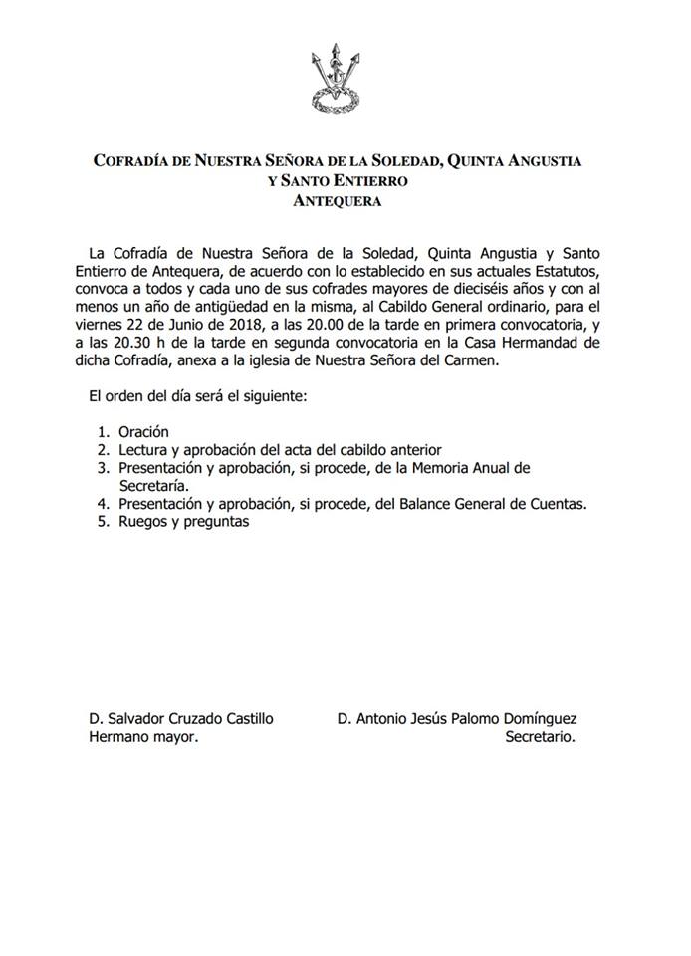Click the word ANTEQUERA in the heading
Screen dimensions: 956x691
click(337, 200)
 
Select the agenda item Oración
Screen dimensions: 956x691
click(144, 432)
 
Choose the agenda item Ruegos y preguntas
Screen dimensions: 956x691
click(182, 522)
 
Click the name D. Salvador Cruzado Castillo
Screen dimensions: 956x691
click(180, 719)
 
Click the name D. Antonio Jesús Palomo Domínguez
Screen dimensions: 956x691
click(457, 719)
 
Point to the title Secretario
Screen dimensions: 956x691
click(541, 738)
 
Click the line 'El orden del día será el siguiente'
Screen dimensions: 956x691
click(199, 397)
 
